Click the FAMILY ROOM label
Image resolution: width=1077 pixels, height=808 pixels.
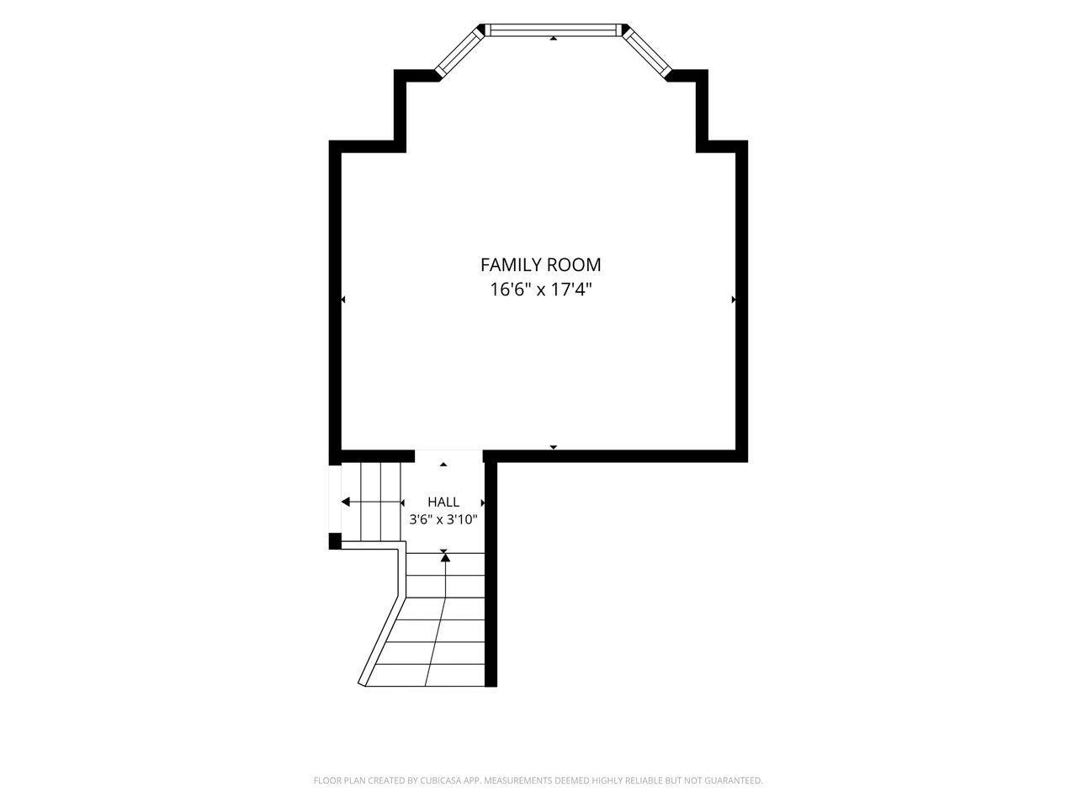click(540, 265)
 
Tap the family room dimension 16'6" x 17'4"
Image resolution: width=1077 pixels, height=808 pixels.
click(540, 290)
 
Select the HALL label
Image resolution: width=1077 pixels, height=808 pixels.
click(443, 502)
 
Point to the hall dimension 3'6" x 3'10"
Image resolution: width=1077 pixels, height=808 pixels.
click(443, 519)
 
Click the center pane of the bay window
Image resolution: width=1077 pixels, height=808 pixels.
click(553, 30)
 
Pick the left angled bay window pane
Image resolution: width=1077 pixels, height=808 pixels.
click(459, 51)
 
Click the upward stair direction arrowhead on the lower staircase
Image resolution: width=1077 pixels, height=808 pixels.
click(445, 557)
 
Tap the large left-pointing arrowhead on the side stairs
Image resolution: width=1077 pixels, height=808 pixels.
click(346, 502)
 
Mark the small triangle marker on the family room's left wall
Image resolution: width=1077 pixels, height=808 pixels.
click(343, 300)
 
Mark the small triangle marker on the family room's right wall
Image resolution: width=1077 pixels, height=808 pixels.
click(734, 300)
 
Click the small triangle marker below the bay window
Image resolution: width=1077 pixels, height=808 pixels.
click(554, 38)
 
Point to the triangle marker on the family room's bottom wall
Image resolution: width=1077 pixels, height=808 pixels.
click(554, 447)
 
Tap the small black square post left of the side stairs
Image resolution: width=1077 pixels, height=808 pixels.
click(335, 540)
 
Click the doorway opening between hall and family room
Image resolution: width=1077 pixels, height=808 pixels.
click(448, 456)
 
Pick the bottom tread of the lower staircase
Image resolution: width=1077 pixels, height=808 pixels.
click(424, 674)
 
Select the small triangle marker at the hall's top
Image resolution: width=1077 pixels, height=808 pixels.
click(443, 464)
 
